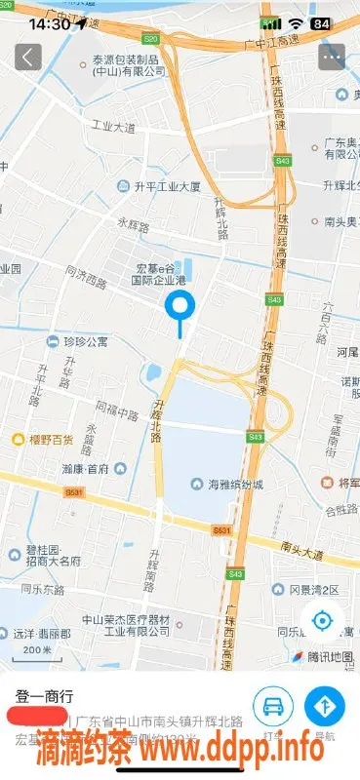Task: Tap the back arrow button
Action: [x=28, y=57]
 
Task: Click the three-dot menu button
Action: [x=332, y=57]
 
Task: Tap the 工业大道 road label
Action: [x=113, y=127]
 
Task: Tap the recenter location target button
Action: [x=323, y=619]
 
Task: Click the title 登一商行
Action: [x=45, y=696]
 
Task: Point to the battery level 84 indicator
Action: [x=319, y=22]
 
